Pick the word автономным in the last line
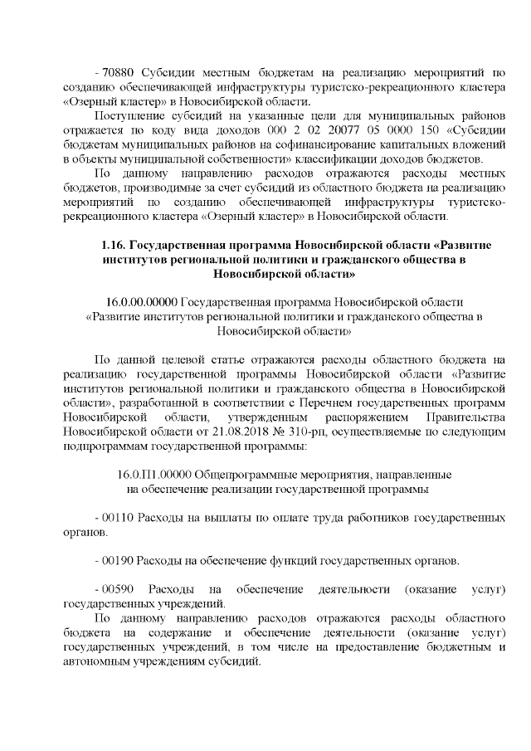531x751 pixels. click(x=101, y=663)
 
